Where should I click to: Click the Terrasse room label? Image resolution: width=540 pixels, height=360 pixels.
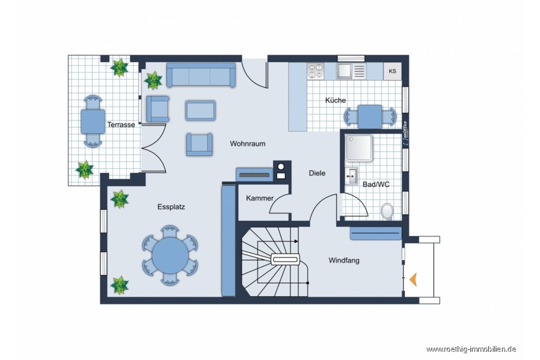[121, 125]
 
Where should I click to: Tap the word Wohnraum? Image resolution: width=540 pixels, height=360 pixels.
[248, 144]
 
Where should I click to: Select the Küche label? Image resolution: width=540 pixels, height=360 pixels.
[335, 100]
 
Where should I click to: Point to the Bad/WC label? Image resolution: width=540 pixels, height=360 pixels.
[376, 184]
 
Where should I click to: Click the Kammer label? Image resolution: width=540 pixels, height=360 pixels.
[260, 198]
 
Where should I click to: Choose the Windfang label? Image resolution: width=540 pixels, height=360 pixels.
[344, 260]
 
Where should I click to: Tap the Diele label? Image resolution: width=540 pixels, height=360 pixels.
[317, 173]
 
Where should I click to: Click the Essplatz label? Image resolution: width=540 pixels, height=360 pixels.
[171, 207]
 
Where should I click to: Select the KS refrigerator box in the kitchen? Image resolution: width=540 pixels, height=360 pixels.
[392, 71]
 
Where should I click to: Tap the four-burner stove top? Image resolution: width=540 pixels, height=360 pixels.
[316, 71]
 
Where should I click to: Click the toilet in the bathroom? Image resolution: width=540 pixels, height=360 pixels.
[387, 212]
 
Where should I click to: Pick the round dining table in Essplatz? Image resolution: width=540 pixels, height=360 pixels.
[170, 255]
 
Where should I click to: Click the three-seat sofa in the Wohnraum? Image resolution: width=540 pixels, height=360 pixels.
[201, 75]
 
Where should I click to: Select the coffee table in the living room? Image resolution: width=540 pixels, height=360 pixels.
[201, 111]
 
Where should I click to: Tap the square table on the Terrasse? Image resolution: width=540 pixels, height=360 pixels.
[93, 121]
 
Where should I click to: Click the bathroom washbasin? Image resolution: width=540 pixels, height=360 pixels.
[351, 176]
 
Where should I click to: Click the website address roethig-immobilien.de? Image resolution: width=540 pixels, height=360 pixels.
[471, 349]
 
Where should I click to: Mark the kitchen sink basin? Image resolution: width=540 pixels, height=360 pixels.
[344, 71]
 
